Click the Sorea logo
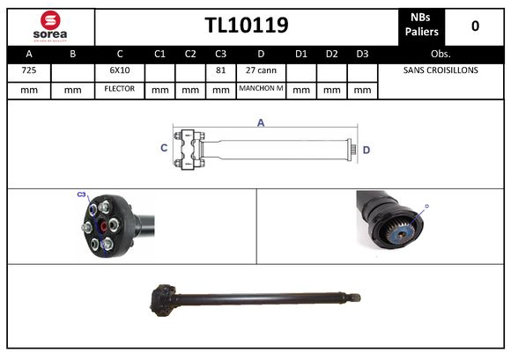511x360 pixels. [50, 26]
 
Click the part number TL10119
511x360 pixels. [246, 26]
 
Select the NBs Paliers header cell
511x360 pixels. [423, 26]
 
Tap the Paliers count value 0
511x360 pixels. [475, 26]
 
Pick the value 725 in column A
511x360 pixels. [29, 70]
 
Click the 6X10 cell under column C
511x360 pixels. [119, 70]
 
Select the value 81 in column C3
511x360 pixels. [220, 70]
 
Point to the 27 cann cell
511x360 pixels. [261, 70]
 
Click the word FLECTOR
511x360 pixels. [119, 89]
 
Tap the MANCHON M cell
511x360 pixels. [261, 89]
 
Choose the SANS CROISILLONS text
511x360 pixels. [440, 70]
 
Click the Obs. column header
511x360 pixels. [440, 53]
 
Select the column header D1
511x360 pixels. [300, 53]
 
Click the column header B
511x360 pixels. [73, 53]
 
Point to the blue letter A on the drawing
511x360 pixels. [261, 123]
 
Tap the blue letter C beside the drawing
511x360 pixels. [164, 149]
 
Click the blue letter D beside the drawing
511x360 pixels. [366, 150]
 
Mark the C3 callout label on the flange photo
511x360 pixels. [81, 194]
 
